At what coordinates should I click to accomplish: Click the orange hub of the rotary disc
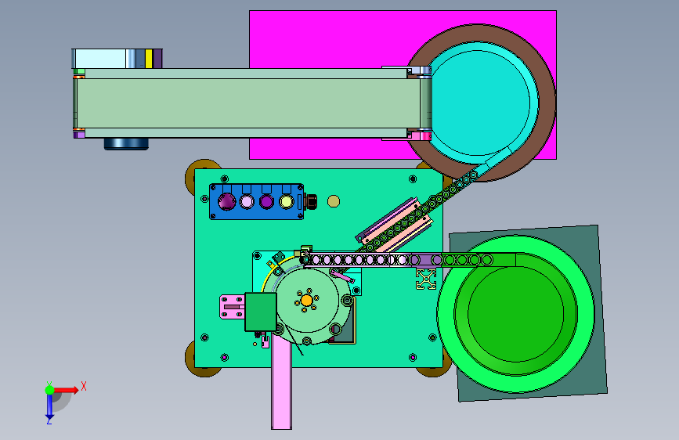pyautogui.click(x=306, y=300)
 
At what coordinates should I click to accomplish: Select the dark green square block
pyautogui.click(x=260, y=312)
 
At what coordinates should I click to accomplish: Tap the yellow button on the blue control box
pyautogui.click(x=286, y=201)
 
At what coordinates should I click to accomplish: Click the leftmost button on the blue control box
pyautogui.click(x=226, y=201)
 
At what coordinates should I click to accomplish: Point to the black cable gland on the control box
pyautogui.click(x=310, y=201)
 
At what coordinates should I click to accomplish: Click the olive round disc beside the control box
pyautogui.click(x=334, y=201)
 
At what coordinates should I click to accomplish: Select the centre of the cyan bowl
pyautogui.click(x=481, y=103)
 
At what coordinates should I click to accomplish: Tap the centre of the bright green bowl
pyautogui.click(x=515, y=312)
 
